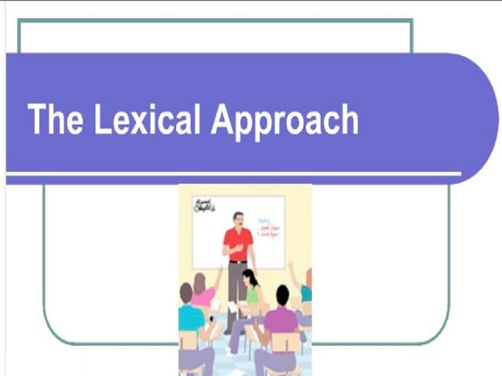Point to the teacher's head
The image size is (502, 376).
238,218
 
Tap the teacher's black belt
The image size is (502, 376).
238,261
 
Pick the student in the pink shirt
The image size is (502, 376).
202,295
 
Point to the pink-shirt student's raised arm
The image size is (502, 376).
217,277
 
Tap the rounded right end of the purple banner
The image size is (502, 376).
478,117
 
